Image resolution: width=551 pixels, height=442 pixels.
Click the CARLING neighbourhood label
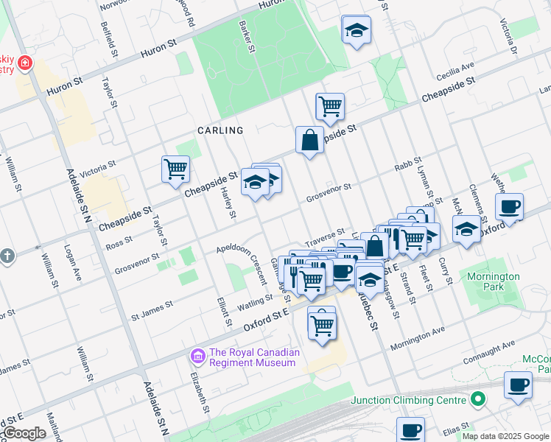[220, 130]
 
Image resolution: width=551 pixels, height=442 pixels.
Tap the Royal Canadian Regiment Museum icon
[197, 357]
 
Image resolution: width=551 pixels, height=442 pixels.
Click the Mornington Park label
[493, 282]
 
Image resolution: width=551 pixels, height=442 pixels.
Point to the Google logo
[24, 433]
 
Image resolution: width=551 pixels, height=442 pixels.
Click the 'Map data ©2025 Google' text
[505, 436]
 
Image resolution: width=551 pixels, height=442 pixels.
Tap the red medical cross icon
[26, 63]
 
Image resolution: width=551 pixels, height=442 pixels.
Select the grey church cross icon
[7, 256]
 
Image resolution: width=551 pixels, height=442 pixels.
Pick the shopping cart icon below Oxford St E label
[322, 323]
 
